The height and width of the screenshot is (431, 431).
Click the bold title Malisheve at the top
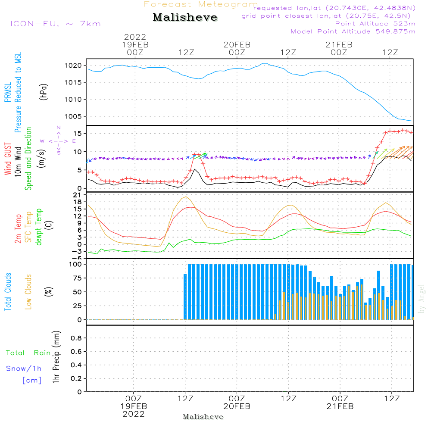pyautogui.click(x=185, y=17)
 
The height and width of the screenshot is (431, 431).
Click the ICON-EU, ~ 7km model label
pyautogui.click(x=56, y=24)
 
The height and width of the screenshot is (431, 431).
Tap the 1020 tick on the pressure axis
pyautogui.click(x=73, y=66)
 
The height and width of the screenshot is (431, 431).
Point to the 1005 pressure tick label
pyautogui.click(x=73, y=116)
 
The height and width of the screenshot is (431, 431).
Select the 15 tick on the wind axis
pyautogui.click(x=78, y=134)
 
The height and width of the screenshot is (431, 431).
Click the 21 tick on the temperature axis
pyautogui.click(x=78, y=195)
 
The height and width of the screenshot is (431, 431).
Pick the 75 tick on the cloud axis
pyautogui.click(x=78, y=278)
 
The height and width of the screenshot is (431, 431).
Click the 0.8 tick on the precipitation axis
pyautogui.click(x=76, y=338)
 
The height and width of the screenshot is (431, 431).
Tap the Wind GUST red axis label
pyautogui.click(x=8, y=159)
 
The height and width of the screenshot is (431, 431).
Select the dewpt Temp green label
pyautogui.click(x=38, y=227)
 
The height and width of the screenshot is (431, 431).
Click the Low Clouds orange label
pyautogui.click(x=28, y=292)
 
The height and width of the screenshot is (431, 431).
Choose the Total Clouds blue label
pyautogui.click(x=8, y=292)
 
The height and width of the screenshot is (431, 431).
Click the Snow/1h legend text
pyautogui.click(x=24, y=369)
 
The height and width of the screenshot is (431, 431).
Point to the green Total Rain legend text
pyautogui.click(x=28, y=353)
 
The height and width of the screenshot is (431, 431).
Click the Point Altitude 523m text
pyautogui.click(x=375, y=24)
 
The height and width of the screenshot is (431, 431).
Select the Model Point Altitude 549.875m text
pyautogui.click(x=353, y=31)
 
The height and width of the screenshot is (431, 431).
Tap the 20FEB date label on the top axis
pyautogui.click(x=237, y=45)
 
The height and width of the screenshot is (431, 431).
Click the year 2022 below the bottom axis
pyautogui.click(x=134, y=414)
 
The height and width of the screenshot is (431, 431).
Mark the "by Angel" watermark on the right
pyautogui.click(x=422, y=299)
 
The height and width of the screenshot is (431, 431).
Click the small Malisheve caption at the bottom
pyautogui.click(x=203, y=417)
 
